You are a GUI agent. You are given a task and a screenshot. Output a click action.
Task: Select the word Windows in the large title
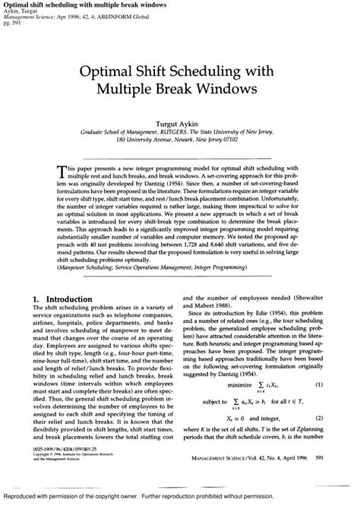click(x=232, y=87)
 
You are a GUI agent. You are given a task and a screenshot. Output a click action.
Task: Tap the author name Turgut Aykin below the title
click(x=180, y=121)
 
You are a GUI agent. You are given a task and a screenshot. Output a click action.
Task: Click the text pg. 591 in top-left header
click(x=11, y=21)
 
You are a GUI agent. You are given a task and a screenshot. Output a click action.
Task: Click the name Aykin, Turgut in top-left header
click(x=19, y=11)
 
